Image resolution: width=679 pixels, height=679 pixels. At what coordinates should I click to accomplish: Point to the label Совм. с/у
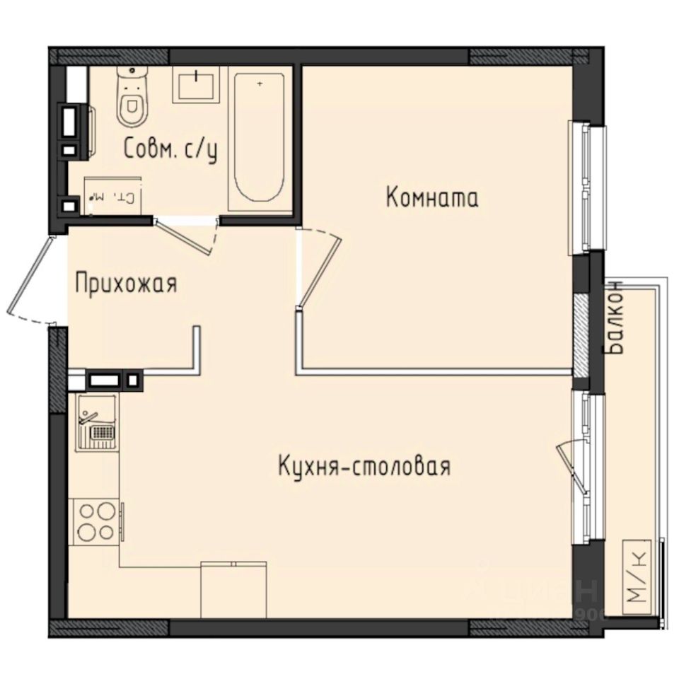pyautogui.click(x=170, y=149)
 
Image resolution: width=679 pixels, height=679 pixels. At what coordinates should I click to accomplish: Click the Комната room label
pyautogui.click(x=432, y=197)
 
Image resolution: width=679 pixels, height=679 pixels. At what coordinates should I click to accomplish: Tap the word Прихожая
pyautogui.click(x=126, y=284)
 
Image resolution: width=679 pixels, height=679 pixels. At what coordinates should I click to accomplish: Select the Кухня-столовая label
pyautogui.click(x=364, y=467)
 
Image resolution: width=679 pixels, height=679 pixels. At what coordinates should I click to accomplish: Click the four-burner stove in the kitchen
pyautogui.click(x=95, y=521)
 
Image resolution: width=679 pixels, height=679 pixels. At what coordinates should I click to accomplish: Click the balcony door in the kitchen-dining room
pyautogui.click(x=574, y=463)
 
